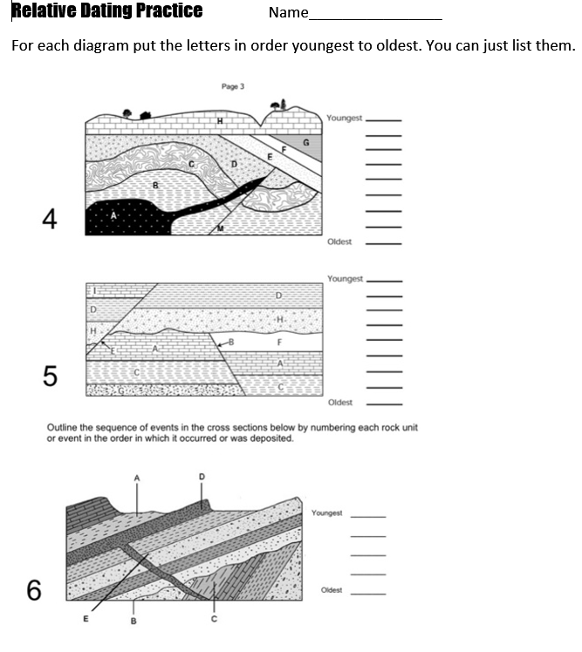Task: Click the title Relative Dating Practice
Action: tap(106, 11)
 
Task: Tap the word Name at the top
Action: tap(289, 12)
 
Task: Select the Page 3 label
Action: tap(231, 86)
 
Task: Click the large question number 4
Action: tap(50, 220)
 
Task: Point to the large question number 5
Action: tap(50, 376)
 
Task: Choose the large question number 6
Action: tap(34, 590)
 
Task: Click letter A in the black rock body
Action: tap(113, 218)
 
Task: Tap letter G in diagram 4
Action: tap(305, 142)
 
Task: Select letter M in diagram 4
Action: tap(220, 228)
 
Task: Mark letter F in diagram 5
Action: tap(279, 343)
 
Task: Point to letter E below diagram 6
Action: tap(86, 619)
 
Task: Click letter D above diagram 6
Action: tap(202, 477)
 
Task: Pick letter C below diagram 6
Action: tap(213, 619)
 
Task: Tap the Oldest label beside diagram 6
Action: tap(332, 590)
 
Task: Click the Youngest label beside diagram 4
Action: tap(344, 118)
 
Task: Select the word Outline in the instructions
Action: tap(62, 428)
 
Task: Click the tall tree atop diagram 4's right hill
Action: tap(279, 105)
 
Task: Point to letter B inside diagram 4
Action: tap(156, 185)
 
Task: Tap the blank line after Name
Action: tap(376, 16)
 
